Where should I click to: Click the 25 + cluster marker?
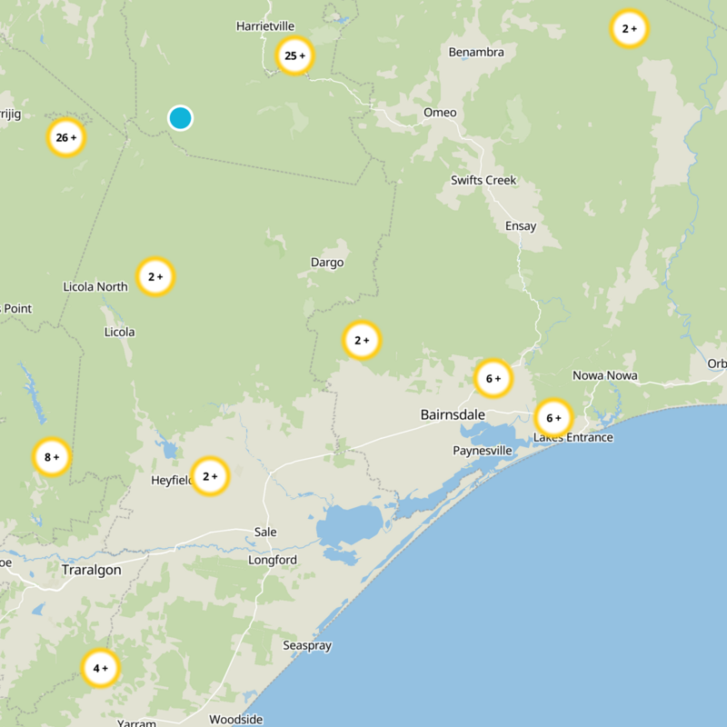[294, 55]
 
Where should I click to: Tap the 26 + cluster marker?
[66, 138]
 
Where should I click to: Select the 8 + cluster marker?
[52, 457]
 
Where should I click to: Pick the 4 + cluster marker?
[100, 669]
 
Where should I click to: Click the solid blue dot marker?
[180, 117]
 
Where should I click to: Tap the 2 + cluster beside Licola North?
[155, 276]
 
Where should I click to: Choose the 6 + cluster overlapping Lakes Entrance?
[553, 418]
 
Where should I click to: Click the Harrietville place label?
[266, 26]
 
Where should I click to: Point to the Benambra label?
[476, 52]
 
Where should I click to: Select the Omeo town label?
[440, 113]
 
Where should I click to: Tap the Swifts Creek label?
[483, 180]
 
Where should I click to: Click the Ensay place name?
[521, 226]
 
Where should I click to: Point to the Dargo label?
[327, 263]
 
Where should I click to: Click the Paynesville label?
[483, 451]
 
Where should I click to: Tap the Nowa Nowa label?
[604, 375]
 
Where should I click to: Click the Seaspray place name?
[307, 645]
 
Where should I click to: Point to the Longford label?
[273, 560]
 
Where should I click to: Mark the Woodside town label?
[235, 719]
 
